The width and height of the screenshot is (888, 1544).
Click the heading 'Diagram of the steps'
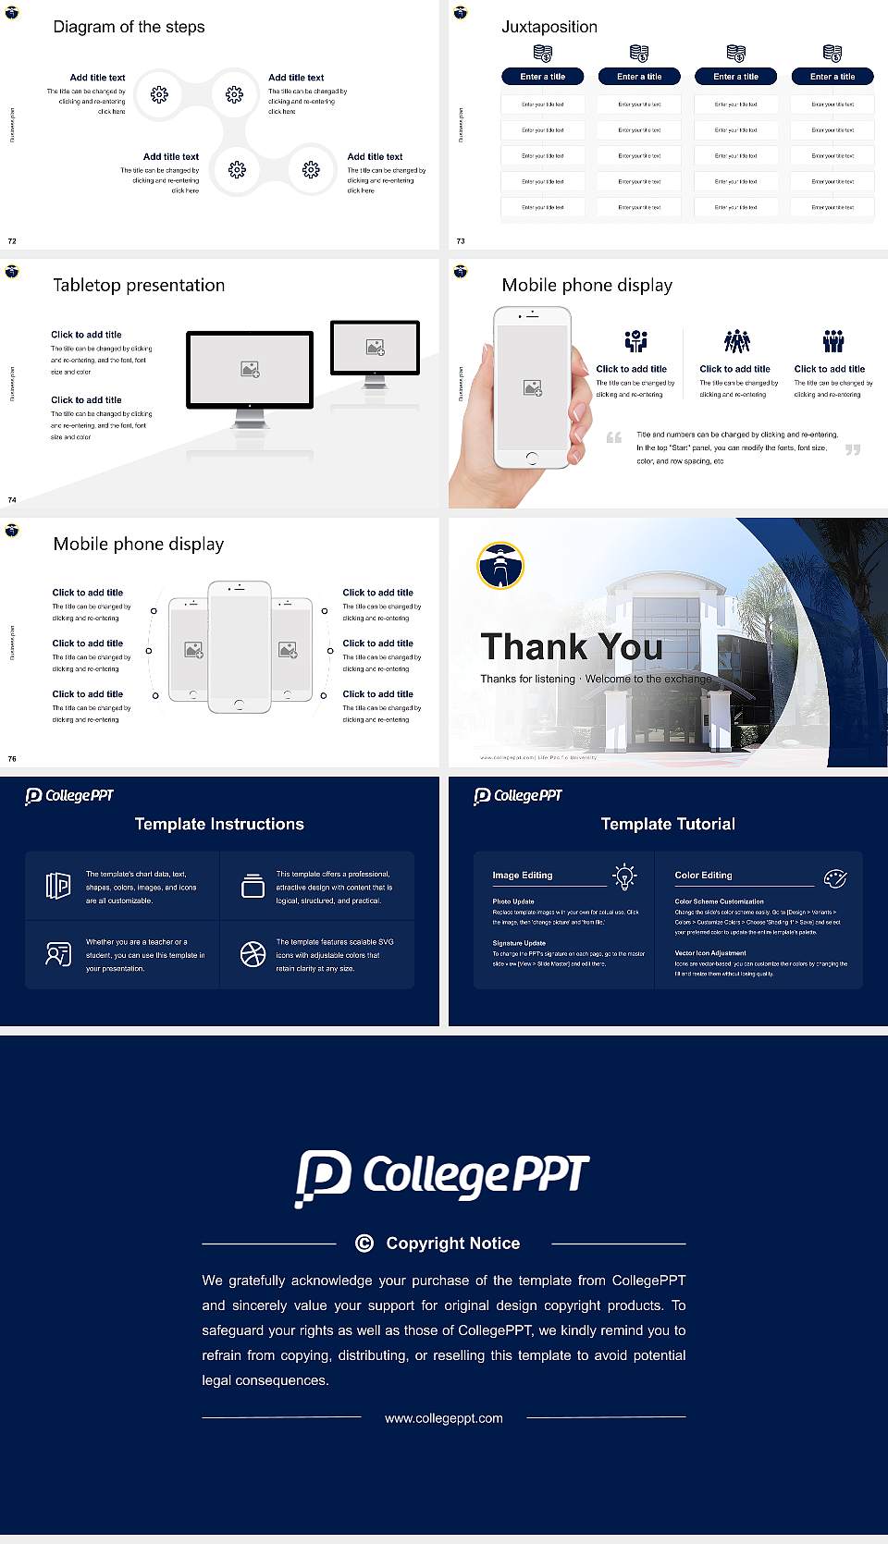(x=129, y=27)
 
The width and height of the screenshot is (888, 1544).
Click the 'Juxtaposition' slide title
(x=549, y=27)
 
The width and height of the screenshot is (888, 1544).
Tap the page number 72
(x=12, y=240)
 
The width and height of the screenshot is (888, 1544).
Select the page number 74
(x=12, y=499)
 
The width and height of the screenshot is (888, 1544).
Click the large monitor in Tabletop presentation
(x=250, y=370)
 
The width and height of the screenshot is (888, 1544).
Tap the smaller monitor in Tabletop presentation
(x=375, y=348)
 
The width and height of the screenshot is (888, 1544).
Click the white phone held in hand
(x=531, y=386)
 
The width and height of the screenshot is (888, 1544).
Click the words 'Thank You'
(x=571, y=647)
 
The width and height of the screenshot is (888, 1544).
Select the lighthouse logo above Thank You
(x=500, y=565)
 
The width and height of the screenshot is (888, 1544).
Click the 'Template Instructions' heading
(x=219, y=824)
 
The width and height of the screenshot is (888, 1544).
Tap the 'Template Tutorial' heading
(x=668, y=824)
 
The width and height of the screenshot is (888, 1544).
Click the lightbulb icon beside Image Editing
(x=624, y=876)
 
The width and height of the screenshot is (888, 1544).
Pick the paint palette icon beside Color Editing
(x=834, y=877)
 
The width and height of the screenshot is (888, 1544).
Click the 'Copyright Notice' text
(x=452, y=1244)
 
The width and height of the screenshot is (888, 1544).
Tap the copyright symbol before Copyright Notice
(x=364, y=1244)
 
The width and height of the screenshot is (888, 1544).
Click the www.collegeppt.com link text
(x=444, y=1418)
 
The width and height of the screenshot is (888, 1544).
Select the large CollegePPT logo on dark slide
(x=442, y=1176)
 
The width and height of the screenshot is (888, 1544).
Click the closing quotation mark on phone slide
(x=852, y=449)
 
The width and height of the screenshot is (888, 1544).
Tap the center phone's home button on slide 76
(x=240, y=705)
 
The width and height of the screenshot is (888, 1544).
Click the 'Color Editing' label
(x=703, y=875)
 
